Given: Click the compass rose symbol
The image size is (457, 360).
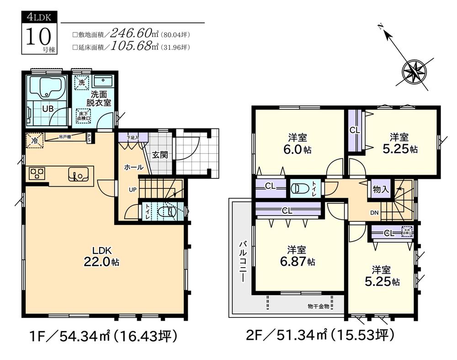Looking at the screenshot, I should point(414,72).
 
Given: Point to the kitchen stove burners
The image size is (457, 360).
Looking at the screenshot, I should point(37,174).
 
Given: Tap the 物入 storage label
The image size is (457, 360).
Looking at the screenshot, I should point(381,189).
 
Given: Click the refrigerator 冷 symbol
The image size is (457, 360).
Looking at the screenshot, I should point(34,140).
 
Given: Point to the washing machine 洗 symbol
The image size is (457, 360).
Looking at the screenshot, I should point(81,83).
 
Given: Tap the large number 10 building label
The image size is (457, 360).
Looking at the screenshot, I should point(36,37).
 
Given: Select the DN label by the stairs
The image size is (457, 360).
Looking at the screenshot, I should point(374,213).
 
